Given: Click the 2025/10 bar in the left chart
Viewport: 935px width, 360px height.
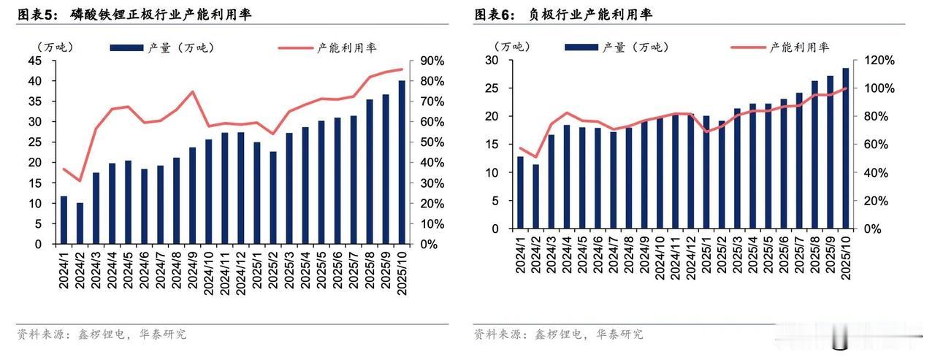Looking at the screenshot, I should [x=402, y=162].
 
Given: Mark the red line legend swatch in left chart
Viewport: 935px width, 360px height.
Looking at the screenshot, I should [x=294, y=48].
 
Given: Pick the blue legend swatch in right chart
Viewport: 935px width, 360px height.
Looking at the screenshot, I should [x=580, y=47].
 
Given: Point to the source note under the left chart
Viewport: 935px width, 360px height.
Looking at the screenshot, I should [x=102, y=334].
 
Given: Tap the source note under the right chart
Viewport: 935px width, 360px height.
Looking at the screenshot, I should [x=558, y=334].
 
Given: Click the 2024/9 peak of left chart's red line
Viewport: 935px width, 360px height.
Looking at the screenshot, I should [x=192, y=92].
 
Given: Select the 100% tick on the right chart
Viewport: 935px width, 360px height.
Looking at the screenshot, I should [x=881, y=88].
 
